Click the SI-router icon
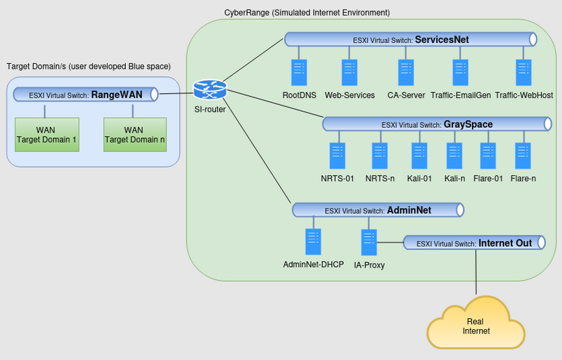click(x=210, y=90)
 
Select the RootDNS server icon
click(x=299, y=73)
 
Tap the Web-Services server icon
click(x=349, y=73)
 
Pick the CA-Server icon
click(x=406, y=73)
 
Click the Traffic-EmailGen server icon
click(x=460, y=73)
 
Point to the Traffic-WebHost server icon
click(x=524, y=73)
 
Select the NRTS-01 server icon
click(x=337, y=156)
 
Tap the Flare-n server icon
click(x=523, y=156)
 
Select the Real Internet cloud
click(x=476, y=326)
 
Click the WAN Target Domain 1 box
click(x=46, y=135)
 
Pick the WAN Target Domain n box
click(x=134, y=135)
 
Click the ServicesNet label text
click(x=442, y=40)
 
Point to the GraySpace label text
click(x=468, y=124)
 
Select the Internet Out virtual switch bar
click(x=474, y=243)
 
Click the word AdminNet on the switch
click(x=409, y=211)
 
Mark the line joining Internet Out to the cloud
click(x=477, y=273)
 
